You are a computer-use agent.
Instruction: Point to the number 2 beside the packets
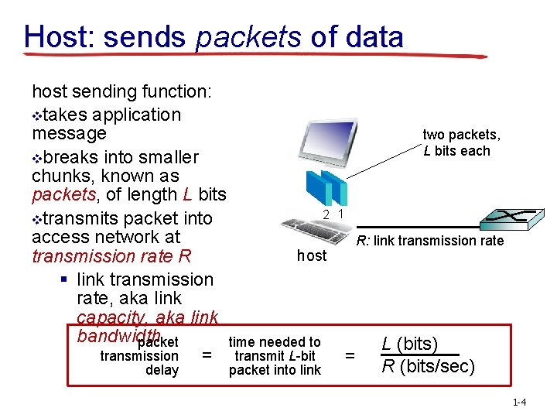pos(327,214)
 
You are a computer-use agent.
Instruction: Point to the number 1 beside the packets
pos(341,214)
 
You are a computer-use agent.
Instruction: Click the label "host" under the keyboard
pos(312,255)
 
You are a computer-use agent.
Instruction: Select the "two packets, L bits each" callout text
pos(461,143)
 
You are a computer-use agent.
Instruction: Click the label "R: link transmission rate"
pos(429,241)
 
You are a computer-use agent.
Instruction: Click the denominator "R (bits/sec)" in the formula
pos(428,366)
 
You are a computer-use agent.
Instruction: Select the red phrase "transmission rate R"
pos(111,256)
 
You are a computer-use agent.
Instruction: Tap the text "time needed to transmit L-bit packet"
pos(275,356)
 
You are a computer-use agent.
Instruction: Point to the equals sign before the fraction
pos(350,355)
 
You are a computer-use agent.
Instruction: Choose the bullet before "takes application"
pos(36,116)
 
